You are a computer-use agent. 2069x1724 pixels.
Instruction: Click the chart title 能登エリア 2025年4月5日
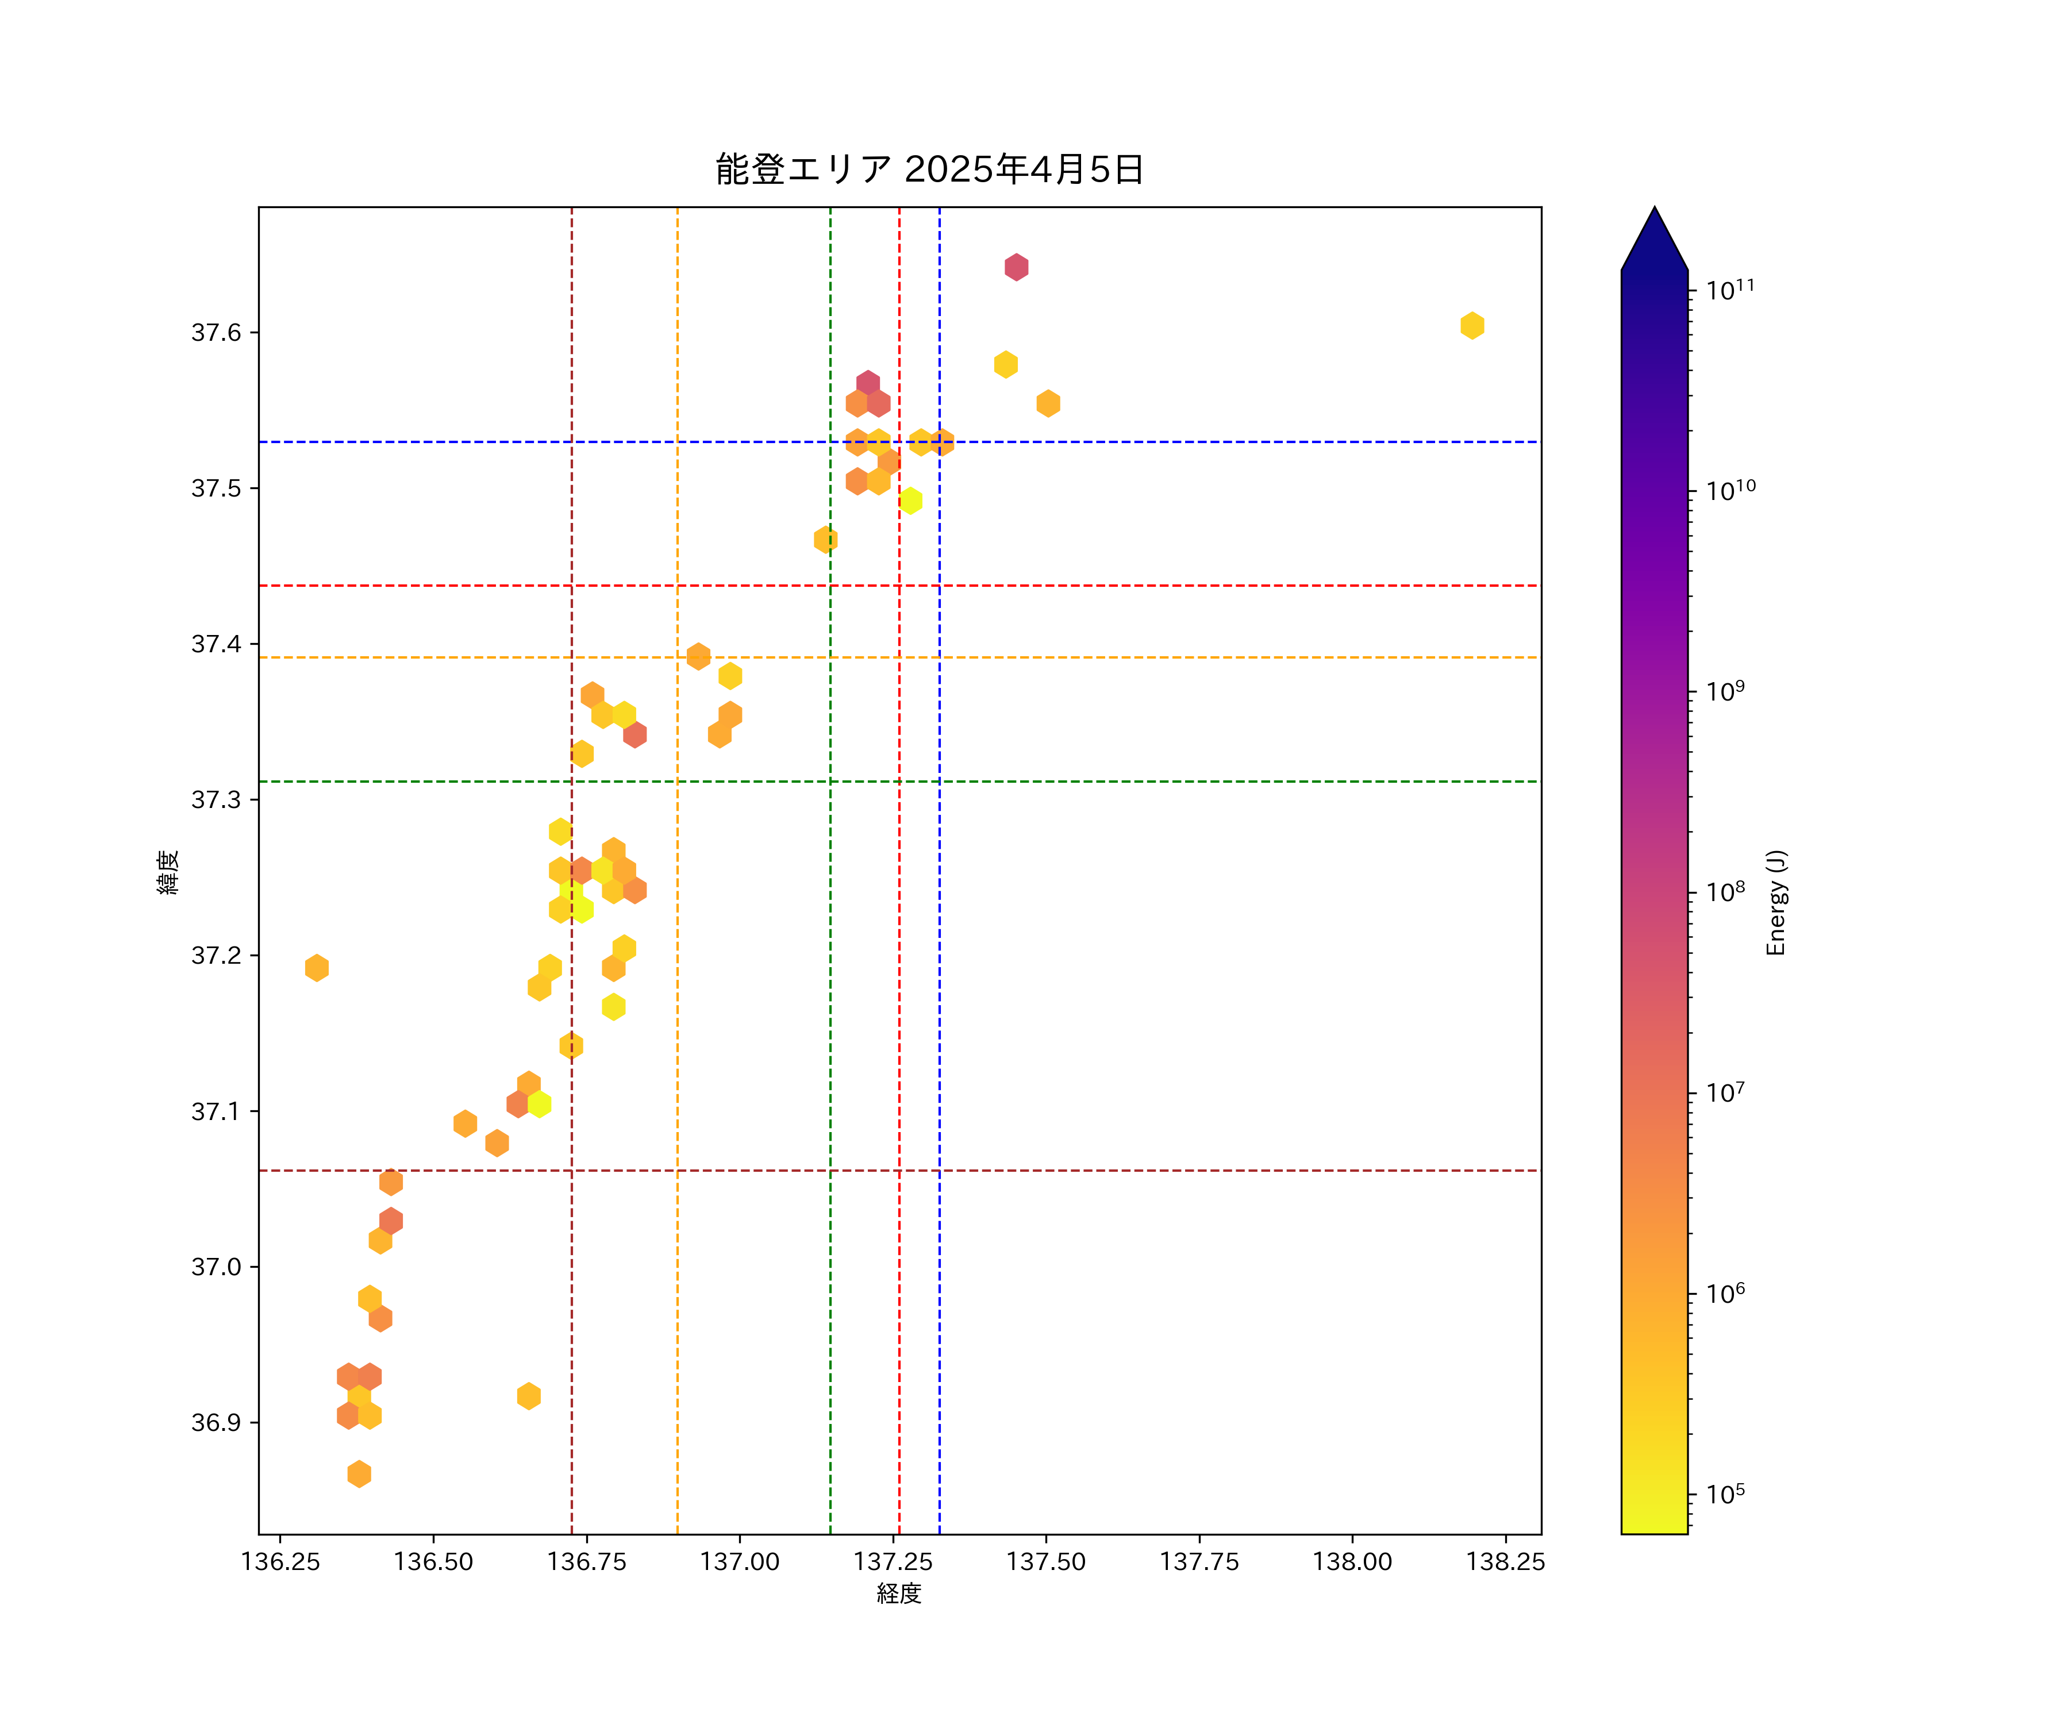point(929,170)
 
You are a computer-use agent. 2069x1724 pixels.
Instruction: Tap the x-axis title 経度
point(898,1593)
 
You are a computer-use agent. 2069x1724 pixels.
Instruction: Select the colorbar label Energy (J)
point(1775,902)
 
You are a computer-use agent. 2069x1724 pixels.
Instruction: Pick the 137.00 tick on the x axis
point(740,1561)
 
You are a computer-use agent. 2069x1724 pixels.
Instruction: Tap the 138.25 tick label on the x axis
point(1505,1561)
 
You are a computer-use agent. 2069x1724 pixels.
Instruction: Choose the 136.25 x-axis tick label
point(281,1561)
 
